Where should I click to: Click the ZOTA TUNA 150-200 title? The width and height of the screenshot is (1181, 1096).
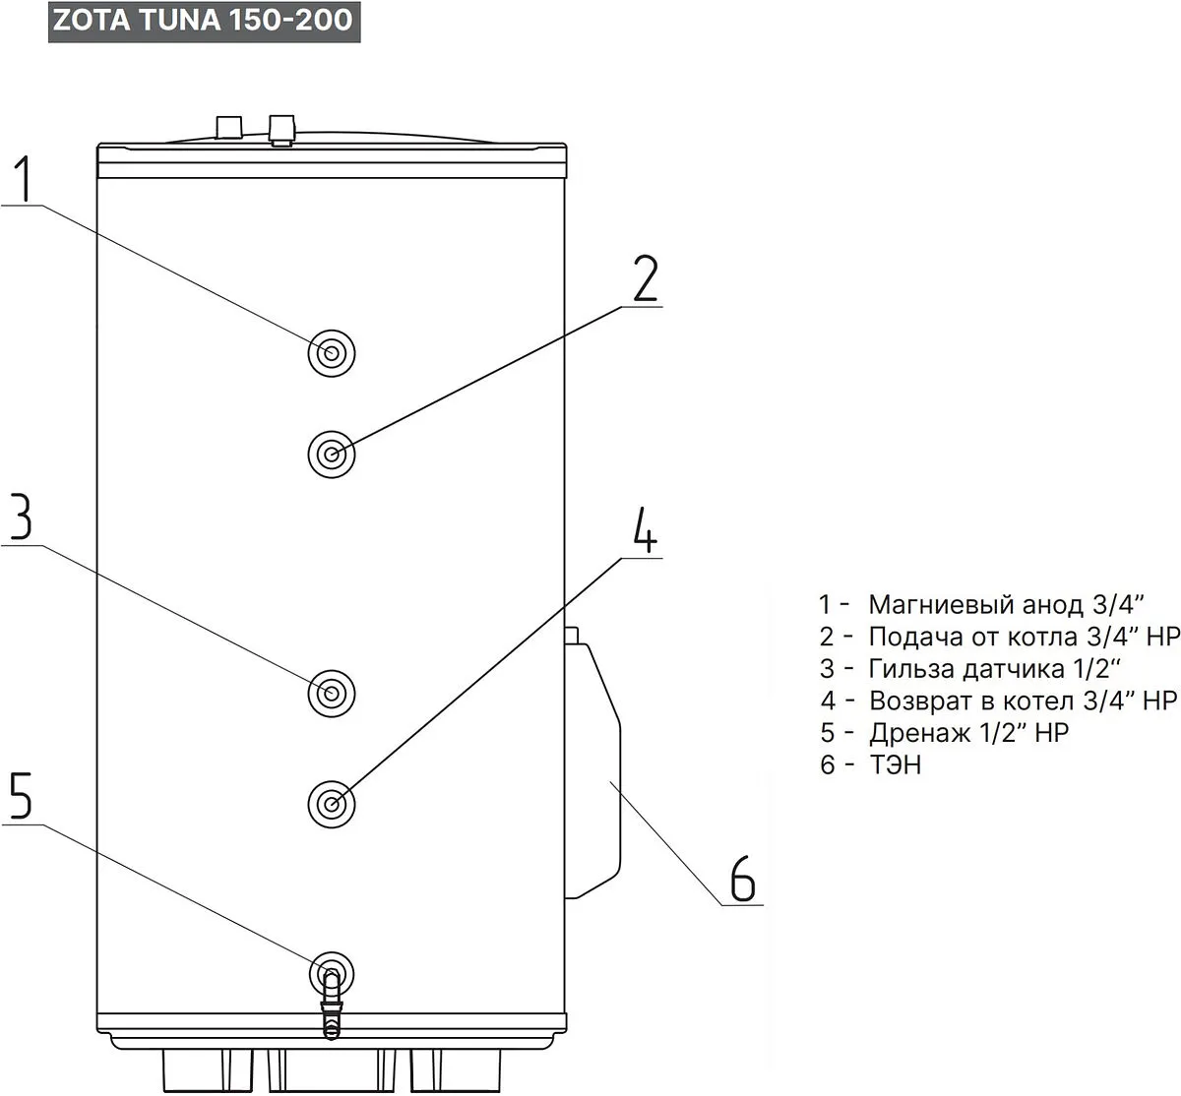[x=203, y=21]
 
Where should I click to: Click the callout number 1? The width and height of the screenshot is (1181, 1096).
[x=25, y=180]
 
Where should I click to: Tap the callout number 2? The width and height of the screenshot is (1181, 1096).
[x=645, y=280]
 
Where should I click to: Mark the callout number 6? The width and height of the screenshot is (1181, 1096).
[x=742, y=879]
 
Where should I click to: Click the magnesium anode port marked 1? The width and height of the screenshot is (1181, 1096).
[x=332, y=352]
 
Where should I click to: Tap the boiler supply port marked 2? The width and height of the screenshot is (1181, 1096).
[x=332, y=455]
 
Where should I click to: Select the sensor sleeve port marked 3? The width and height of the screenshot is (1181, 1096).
[x=332, y=694]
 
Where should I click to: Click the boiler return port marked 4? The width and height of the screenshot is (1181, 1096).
[x=332, y=804]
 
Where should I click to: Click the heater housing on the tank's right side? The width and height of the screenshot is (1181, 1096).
[x=594, y=767]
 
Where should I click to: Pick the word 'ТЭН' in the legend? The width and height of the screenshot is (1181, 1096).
[x=896, y=764]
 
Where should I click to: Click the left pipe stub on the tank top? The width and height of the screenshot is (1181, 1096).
[x=228, y=127]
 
